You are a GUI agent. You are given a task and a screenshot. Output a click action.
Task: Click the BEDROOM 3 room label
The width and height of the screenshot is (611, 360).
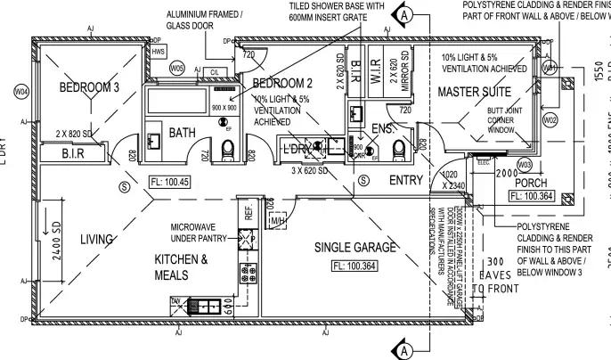pyautogui.click(x=90, y=87)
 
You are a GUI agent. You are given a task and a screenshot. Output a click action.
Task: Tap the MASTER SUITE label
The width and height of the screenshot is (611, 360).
pyautogui.click(x=474, y=93)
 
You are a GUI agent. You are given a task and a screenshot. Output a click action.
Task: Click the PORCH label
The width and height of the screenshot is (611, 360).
pyautogui.click(x=531, y=183)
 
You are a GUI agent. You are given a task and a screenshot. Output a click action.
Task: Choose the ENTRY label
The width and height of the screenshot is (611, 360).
pyautogui.click(x=406, y=181)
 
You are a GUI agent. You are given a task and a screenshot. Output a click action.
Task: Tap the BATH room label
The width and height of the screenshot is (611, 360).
pyautogui.click(x=183, y=134)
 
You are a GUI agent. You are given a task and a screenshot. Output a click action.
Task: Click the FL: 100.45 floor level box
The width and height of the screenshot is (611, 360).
pyautogui.click(x=171, y=182)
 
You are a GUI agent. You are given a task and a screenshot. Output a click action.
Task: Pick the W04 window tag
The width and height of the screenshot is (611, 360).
pyautogui.click(x=21, y=93)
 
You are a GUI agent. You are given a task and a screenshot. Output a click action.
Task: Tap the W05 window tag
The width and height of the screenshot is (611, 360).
pyautogui.click(x=176, y=68)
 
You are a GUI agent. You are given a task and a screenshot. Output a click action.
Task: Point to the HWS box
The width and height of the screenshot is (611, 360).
pyautogui.click(x=159, y=53)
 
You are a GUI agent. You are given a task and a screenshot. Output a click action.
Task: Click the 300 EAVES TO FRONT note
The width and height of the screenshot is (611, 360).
pyautogui.click(x=493, y=274)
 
